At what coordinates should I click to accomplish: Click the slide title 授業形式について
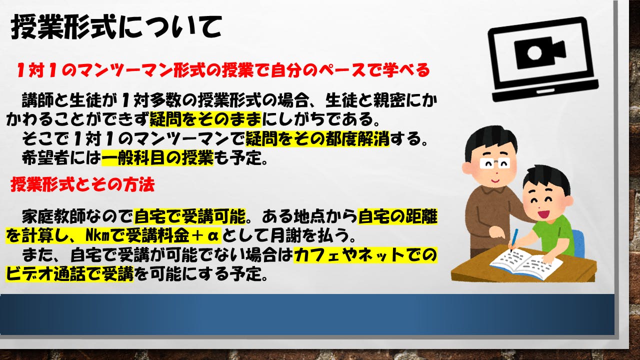coord(116,27)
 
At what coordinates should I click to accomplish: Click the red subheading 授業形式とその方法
coord(82,184)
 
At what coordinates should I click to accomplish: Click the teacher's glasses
coord(494,163)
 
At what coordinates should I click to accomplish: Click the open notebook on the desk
coord(526,263)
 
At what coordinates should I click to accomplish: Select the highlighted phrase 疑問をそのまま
coord(205,119)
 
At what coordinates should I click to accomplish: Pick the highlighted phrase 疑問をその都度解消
coord(317,139)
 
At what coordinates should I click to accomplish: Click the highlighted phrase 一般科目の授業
coord(157,157)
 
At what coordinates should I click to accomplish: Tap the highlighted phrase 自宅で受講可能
coord(189,216)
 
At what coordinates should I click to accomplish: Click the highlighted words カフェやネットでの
coord(365,255)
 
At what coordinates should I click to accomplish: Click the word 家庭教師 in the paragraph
coord(53,216)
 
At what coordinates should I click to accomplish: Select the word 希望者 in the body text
coord(45,157)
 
